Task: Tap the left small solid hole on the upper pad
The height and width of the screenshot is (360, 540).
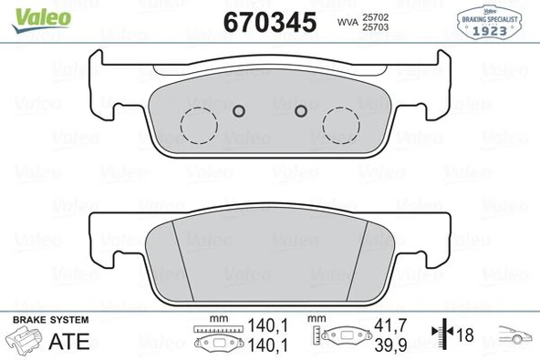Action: (x=238, y=111)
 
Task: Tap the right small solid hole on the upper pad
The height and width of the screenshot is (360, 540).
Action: (x=301, y=111)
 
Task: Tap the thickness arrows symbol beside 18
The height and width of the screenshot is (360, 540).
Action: (x=444, y=335)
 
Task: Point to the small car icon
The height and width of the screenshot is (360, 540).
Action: (x=513, y=336)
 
